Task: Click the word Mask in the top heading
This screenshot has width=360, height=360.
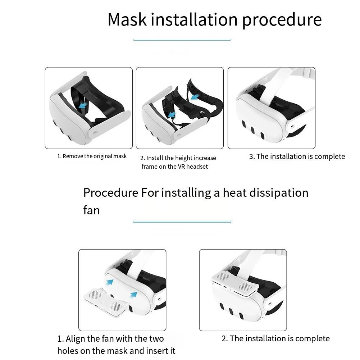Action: (127, 19)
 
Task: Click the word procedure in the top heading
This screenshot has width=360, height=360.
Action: (282, 20)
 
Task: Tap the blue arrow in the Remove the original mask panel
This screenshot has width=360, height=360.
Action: (83, 105)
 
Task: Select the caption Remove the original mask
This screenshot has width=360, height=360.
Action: (92, 156)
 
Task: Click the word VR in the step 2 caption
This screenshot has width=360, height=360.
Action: (181, 167)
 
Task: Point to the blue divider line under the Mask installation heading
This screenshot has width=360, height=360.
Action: (182, 40)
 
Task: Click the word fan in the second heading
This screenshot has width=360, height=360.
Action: (91, 210)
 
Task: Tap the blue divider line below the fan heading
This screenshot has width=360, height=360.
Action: (182, 222)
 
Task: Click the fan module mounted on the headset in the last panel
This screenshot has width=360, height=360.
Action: (235, 284)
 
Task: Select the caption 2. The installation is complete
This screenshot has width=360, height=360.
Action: (275, 338)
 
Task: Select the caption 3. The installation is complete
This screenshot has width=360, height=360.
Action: (297, 156)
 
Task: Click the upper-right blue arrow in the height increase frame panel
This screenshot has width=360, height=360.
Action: (195, 97)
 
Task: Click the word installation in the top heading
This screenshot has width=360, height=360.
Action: (194, 19)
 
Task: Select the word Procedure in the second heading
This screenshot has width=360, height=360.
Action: (111, 192)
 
